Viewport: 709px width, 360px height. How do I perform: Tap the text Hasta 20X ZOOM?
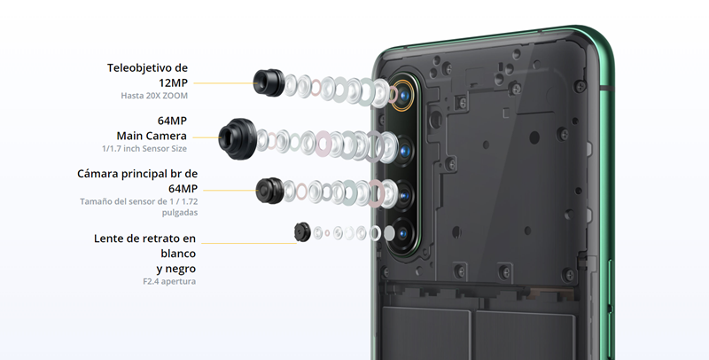(x=154, y=96)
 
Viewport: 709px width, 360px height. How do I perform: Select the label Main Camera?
(x=152, y=136)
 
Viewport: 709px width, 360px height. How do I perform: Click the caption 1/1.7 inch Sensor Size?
(x=144, y=148)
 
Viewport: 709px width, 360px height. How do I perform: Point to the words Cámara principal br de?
(x=137, y=174)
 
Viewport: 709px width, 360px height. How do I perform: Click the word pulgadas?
(x=180, y=213)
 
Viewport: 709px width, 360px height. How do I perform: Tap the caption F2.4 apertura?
(x=169, y=281)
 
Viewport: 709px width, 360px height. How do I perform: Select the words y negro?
(x=176, y=269)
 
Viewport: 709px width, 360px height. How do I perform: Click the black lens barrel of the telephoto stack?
(x=269, y=82)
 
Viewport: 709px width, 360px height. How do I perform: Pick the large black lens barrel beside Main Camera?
(x=238, y=139)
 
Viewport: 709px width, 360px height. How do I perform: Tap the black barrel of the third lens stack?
(x=270, y=191)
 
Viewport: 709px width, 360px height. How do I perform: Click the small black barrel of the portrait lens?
(x=302, y=232)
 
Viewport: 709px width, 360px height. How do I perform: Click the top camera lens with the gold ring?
(x=403, y=96)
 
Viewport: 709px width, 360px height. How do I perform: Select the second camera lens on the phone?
(x=404, y=150)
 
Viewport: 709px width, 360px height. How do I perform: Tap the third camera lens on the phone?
(x=404, y=195)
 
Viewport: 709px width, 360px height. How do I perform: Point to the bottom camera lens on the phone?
(x=403, y=234)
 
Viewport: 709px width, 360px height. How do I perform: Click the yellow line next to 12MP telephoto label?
(x=223, y=83)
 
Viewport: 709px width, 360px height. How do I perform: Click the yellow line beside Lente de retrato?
(x=249, y=243)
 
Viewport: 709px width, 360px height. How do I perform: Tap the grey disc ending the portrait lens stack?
(x=389, y=233)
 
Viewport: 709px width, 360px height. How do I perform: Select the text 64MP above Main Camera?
(x=172, y=121)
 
